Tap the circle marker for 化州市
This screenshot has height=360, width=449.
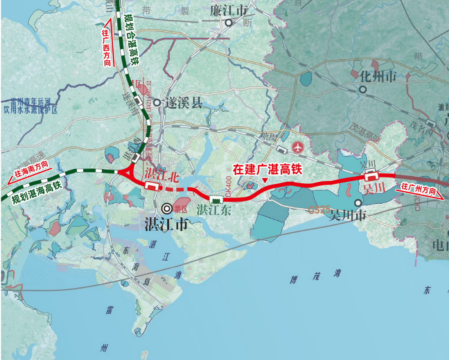pos(363,89)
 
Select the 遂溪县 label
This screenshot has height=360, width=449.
pos(183,103)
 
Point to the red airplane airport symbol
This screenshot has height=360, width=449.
pos(298,147)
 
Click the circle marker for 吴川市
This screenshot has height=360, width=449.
pos(358,202)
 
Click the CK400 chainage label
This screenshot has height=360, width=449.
pos(228,186)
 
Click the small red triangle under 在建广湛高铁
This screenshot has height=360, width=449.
pos(265,180)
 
